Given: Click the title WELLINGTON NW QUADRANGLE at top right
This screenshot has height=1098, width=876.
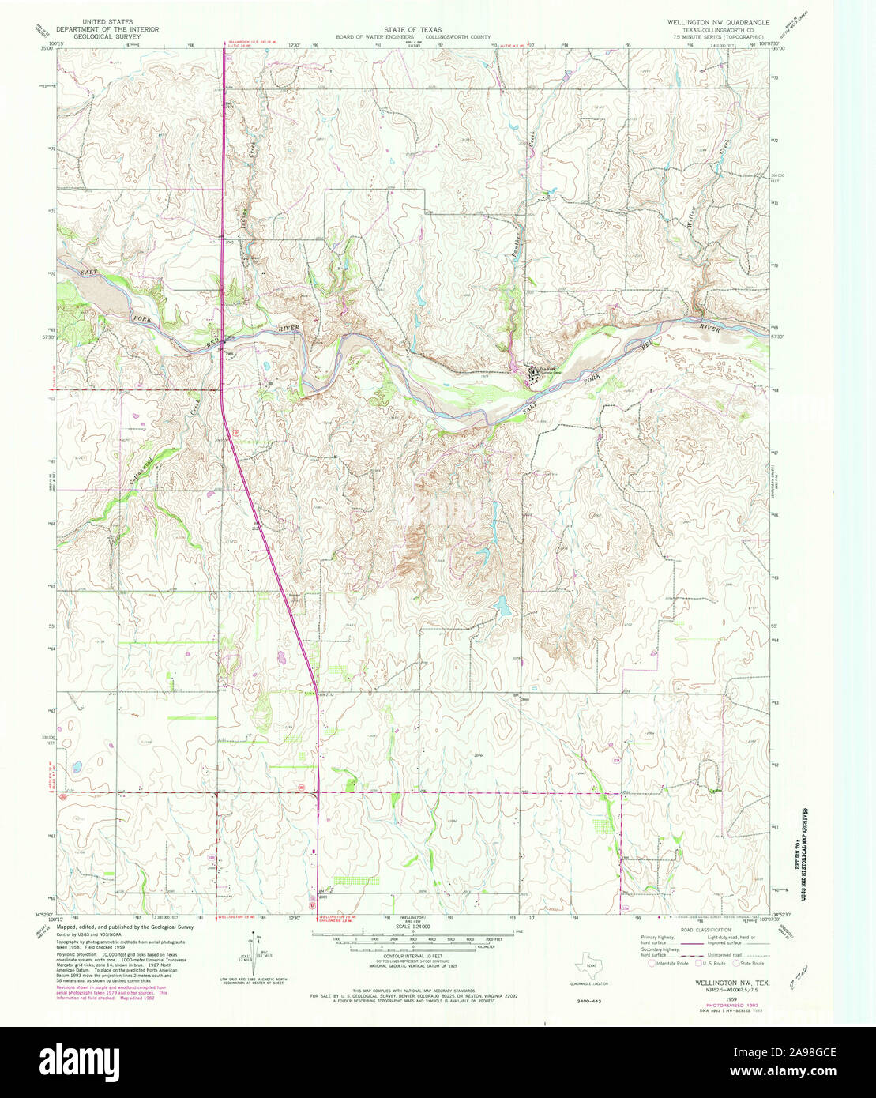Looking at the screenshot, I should click(x=716, y=22).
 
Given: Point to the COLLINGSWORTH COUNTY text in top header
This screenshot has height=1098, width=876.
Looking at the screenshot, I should click(x=458, y=36).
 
